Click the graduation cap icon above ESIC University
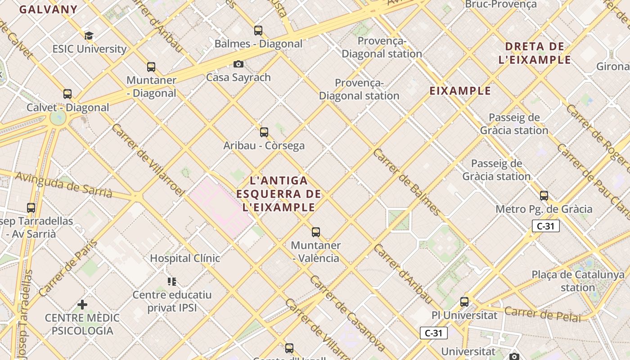pyautogui.click(x=89, y=36)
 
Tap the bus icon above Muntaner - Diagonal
pyautogui.click(x=151, y=67)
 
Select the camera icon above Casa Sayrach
pyautogui.click(x=238, y=64)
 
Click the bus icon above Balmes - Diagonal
pyautogui.click(x=258, y=31)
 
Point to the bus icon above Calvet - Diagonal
pyautogui.click(x=67, y=94)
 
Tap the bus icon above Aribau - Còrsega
pyautogui.click(x=264, y=132)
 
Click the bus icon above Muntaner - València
pyautogui.click(x=316, y=232)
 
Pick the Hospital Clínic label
pyautogui.click(x=185, y=258)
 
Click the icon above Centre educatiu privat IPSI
pyautogui.click(x=172, y=282)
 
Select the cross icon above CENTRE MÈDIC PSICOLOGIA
pyautogui.click(x=82, y=305)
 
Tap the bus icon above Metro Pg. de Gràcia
pyautogui.click(x=544, y=196)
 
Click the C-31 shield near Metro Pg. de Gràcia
pyautogui.click(x=545, y=226)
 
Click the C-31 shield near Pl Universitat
pyautogui.click(x=434, y=333)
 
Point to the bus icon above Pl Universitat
pyautogui.click(x=464, y=302)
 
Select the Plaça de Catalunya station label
pyautogui.click(x=578, y=281)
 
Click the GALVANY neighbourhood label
pyautogui.click(x=49, y=9)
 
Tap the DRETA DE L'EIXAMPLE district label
pyautogui.click(x=535, y=53)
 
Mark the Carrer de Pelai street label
pyautogui.click(x=543, y=314)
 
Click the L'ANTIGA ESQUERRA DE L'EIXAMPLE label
pyautogui.click(x=279, y=194)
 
